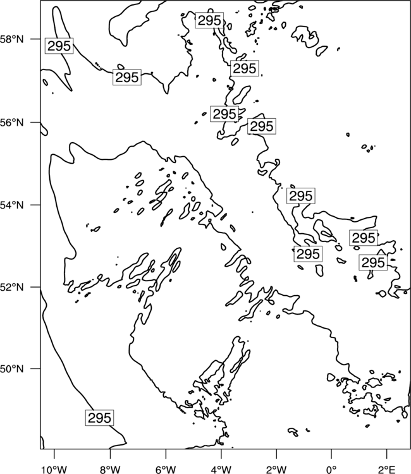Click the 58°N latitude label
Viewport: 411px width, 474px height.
click(11, 39)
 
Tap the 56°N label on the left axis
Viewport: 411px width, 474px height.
click(11, 123)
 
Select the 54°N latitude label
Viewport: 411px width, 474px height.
click(11, 205)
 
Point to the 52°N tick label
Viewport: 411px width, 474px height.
click(11, 287)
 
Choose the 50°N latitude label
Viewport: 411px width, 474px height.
click(11, 369)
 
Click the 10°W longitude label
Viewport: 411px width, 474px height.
click(54, 470)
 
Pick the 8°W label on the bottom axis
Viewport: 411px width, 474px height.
click(110, 470)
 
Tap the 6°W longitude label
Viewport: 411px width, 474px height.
click(166, 470)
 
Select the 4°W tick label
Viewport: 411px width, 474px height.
click(221, 470)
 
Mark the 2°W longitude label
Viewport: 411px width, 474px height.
click(276, 470)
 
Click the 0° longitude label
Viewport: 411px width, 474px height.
click(331, 470)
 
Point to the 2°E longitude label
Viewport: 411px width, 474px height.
click(387, 470)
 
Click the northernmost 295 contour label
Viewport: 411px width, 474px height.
click(209, 21)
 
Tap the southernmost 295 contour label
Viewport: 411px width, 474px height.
click(99, 418)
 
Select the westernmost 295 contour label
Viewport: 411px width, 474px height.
click(59, 46)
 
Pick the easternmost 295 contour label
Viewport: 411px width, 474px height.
click(373, 262)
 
